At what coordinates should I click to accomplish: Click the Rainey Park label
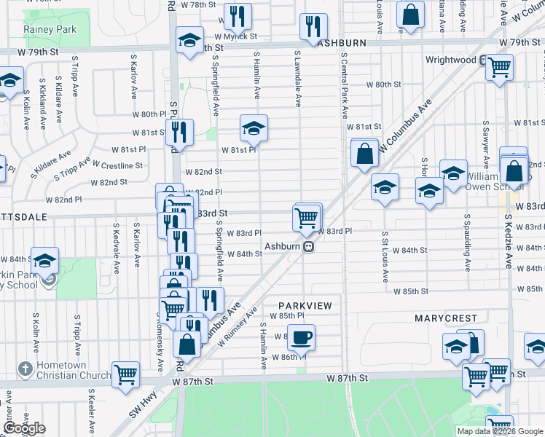(50, 29)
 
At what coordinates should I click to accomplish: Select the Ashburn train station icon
(309, 246)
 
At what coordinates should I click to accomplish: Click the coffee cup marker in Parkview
(301, 337)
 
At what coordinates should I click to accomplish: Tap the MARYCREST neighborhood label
(446, 318)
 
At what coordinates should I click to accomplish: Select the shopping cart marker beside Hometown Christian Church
(126, 374)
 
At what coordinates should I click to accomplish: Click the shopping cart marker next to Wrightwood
(499, 68)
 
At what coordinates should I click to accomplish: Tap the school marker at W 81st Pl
(253, 128)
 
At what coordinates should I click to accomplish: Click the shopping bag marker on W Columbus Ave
(364, 154)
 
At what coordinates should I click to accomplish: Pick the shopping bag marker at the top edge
(410, 15)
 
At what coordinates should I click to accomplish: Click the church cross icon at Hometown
(25, 369)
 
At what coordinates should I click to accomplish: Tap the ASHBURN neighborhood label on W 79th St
(342, 43)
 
